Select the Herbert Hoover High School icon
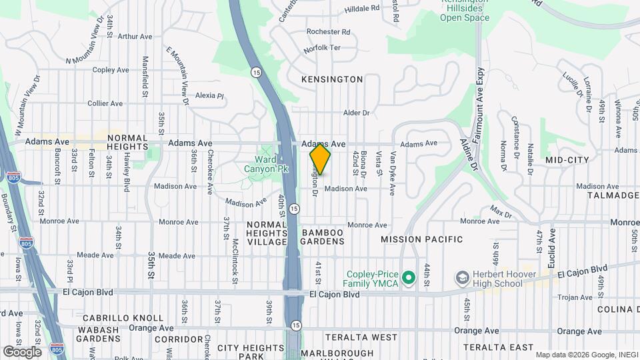pyautogui.click(x=461, y=277)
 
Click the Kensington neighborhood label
pyautogui.click(x=332, y=79)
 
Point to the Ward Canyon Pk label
pyautogui.click(x=271, y=165)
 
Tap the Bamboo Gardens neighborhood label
pyautogui.click(x=323, y=237)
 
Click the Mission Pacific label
pyautogui.click(x=421, y=239)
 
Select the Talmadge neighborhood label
pyautogui.click(x=613, y=195)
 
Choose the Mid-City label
pyautogui.click(x=567, y=161)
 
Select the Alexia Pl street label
pyautogui.click(x=209, y=95)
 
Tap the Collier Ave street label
pyautogui.click(x=105, y=103)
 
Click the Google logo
pyautogui.click(x=22, y=351)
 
